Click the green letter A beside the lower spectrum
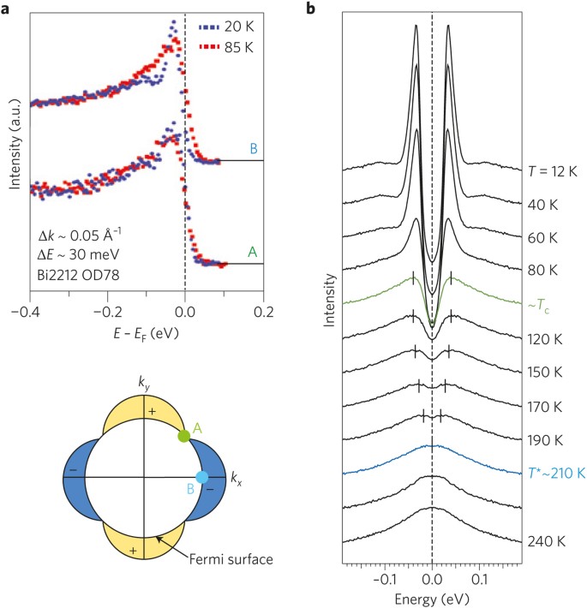pos(252,252)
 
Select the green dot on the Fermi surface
pos(183,436)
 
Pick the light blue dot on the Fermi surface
pos(202,476)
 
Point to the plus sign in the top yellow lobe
pos(151,413)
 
